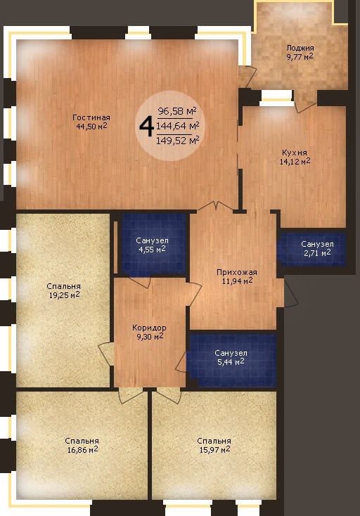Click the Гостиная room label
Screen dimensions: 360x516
pyautogui.click(x=91, y=117)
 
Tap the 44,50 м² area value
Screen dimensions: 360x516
pyautogui.click(x=91, y=127)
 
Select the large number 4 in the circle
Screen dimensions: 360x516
pyautogui.click(x=147, y=127)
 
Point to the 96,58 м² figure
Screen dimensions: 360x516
pyautogui.click(x=177, y=111)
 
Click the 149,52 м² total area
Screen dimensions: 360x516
pyautogui.click(x=178, y=141)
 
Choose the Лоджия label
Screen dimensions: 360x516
pyautogui.click(x=300, y=48)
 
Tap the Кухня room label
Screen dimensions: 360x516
pyautogui.click(x=295, y=153)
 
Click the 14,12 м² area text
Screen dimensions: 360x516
pyautogui.click(x=295, y=161)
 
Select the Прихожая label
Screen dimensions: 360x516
pyautogui.click(x=236, y=272)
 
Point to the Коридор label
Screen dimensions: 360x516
pyautogui.click(x=149, y=328)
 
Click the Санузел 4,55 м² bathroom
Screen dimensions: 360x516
pyautogui.click(x=153, y=243)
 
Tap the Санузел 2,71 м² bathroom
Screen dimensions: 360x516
pyautogui.click(x=313, y=249)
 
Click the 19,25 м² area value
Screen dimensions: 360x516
pyautogui.click(x=64, y=295)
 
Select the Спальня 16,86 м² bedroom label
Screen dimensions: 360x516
pyautogui.click(x=82, y=445)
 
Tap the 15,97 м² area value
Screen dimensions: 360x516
pyautogui.click(x=214, y=449)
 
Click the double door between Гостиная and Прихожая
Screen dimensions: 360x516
pyautogui.click(x=215, y=206)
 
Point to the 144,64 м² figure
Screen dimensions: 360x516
pyautogui.click(x=178, y=126)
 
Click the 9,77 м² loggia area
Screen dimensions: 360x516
pyautogui.click(x=300, y=57)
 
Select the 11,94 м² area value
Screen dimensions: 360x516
pyautogui.click(x=238, y=280)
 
